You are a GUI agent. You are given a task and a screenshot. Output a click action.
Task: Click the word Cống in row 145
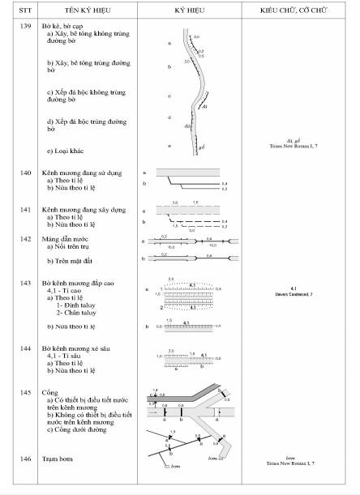pyautogui.click(x=50, y=391)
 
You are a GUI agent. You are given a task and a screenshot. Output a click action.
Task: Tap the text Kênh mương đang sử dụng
pyautogui.click(x=84, y=172)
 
